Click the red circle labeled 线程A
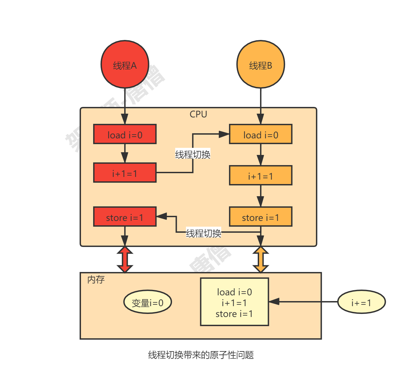click(x=125, y=65)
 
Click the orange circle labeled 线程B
click(x=260, y=65)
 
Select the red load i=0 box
click(x=125, y=134)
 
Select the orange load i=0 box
click(x=260, y=134)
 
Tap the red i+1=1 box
click(x=125, y=173)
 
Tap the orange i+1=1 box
click(x=260, y=176)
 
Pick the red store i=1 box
click(x=125, y=217)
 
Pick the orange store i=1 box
click(x=260, y=217)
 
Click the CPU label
click(x=198, y=114)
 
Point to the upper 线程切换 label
click(x=193, y=155)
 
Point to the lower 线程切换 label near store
click(x=204, y=233)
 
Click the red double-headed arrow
click(x=125, y=259)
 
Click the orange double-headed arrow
click(x=260, y=259)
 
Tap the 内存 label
click(x=96, y=279)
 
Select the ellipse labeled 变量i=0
click(x=147, y=302)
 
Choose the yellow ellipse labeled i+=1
click(x=361, y=302)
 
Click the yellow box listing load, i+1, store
click(x=234, y=302)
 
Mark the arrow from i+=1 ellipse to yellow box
click(x=303, y=301)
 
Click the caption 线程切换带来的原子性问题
click(x=201, y=355)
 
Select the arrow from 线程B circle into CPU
click(x=260, y=105)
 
